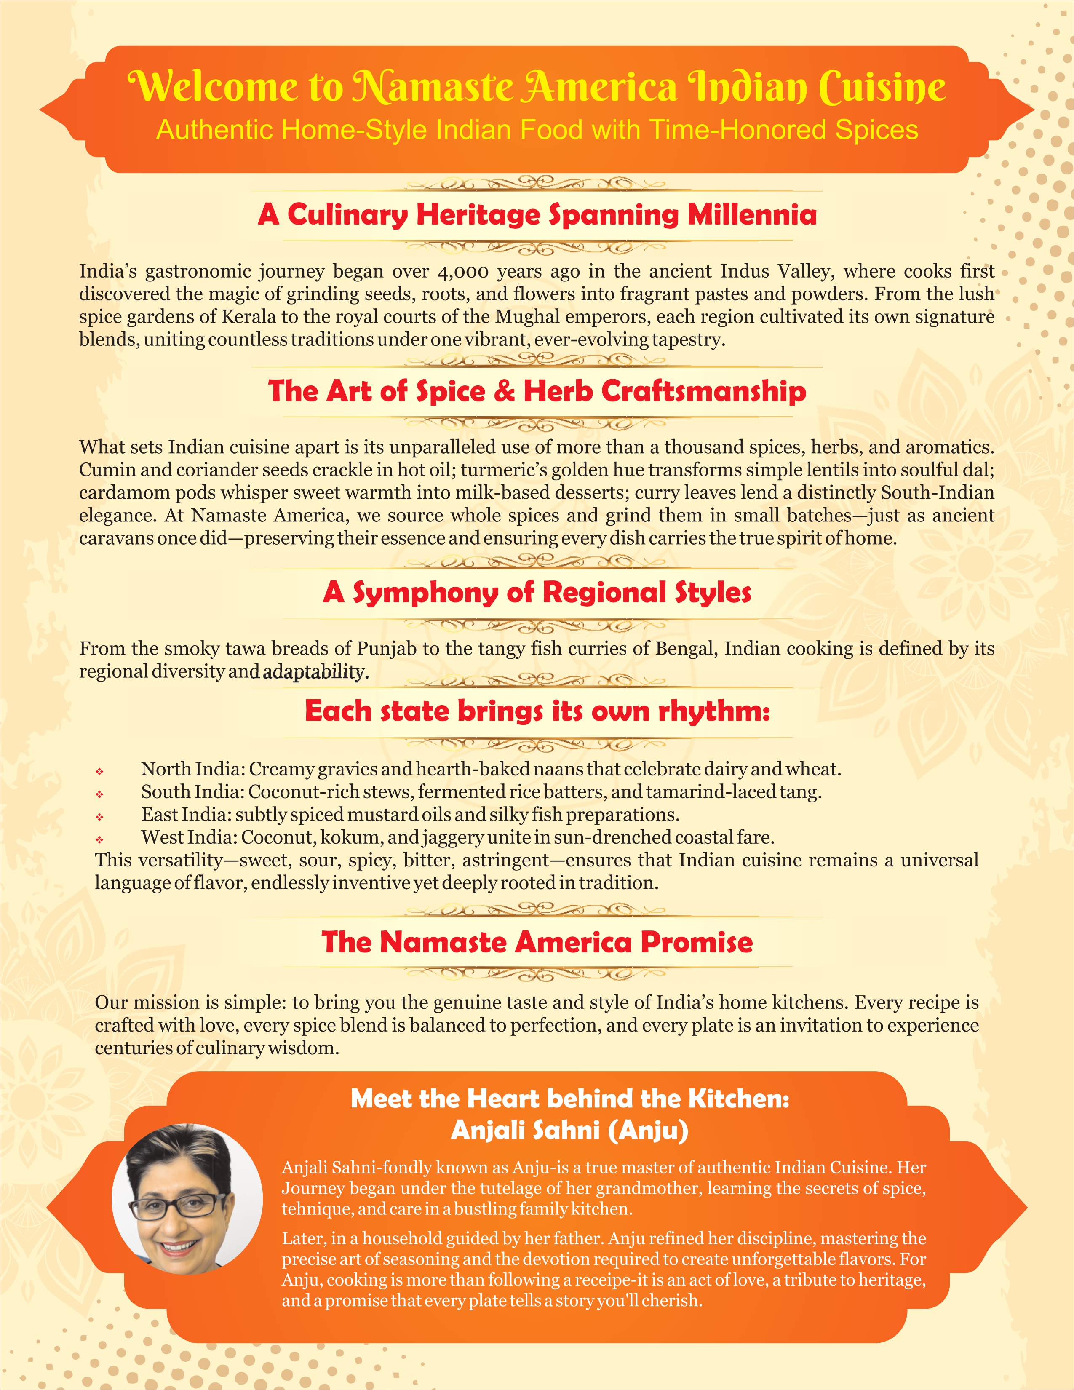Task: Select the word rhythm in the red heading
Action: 713,711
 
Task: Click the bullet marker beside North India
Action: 100,771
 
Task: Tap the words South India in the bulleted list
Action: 192,792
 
